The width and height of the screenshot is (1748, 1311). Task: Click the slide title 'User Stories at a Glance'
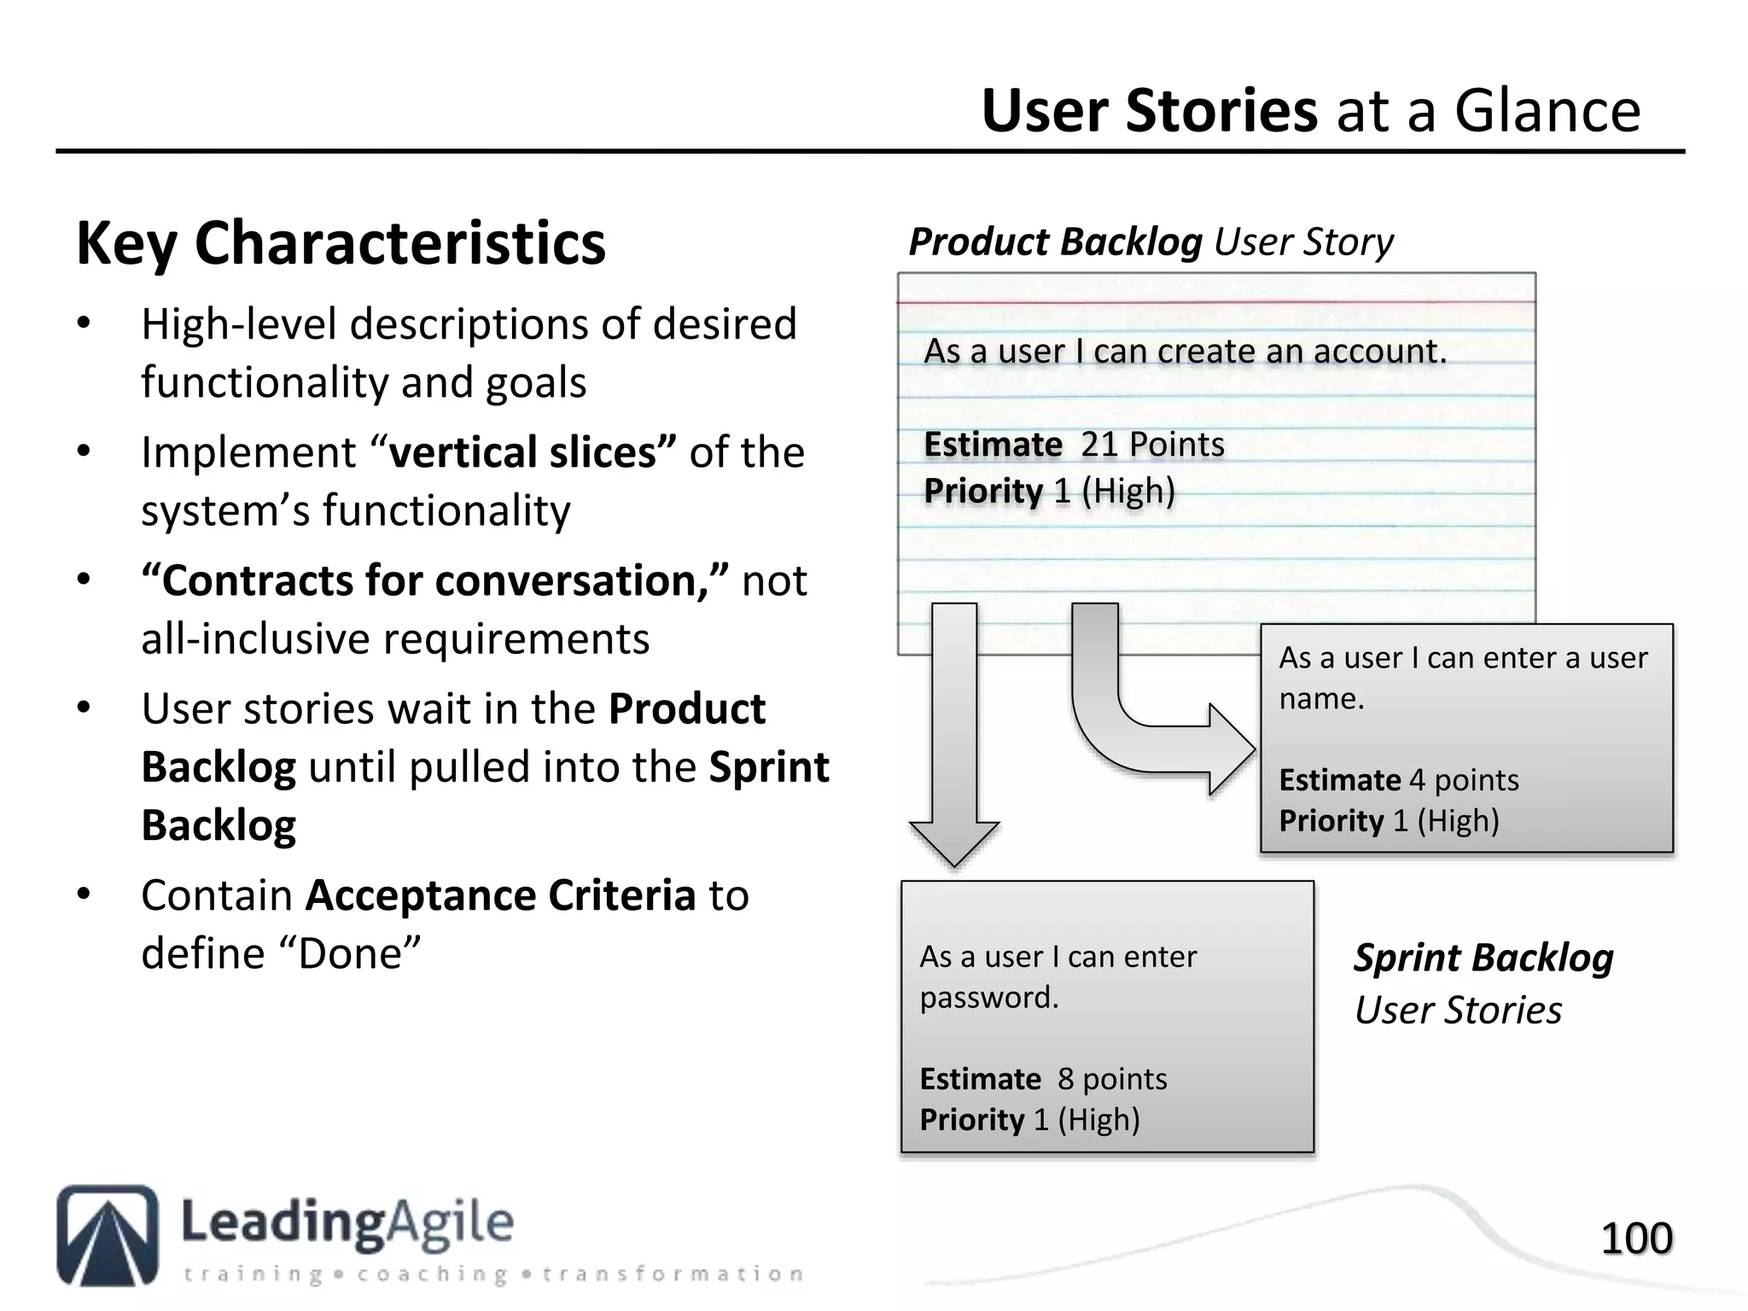point(1310,111)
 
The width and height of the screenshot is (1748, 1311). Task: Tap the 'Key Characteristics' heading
point(341,244)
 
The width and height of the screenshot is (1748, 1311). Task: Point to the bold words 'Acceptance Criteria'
point(501,895)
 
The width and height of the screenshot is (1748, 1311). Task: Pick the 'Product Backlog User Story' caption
point(1150,242)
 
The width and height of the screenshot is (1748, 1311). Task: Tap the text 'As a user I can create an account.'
point(1185,352)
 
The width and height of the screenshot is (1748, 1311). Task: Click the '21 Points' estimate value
point(1152,445)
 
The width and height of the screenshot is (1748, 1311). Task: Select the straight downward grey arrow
point(954,734)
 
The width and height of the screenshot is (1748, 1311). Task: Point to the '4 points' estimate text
point(1464,780)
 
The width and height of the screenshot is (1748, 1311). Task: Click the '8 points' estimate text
point(1111,1080)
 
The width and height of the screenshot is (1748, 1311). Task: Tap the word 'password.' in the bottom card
point(988,998)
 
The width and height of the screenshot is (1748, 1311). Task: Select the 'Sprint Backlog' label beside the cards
point(1483,958)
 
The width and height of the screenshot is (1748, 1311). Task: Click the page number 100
point(1636,1238)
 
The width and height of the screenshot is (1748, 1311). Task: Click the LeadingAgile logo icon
point(108,1234)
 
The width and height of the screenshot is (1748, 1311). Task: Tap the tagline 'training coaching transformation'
point(493,1274)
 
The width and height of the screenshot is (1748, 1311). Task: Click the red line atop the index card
point(1216,302)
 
